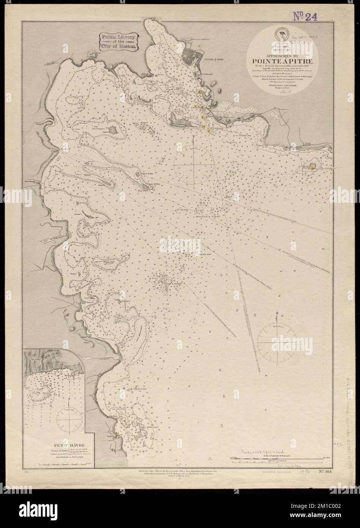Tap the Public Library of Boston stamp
(x=117, y=41)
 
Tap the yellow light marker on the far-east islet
(x=311, y=166)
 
